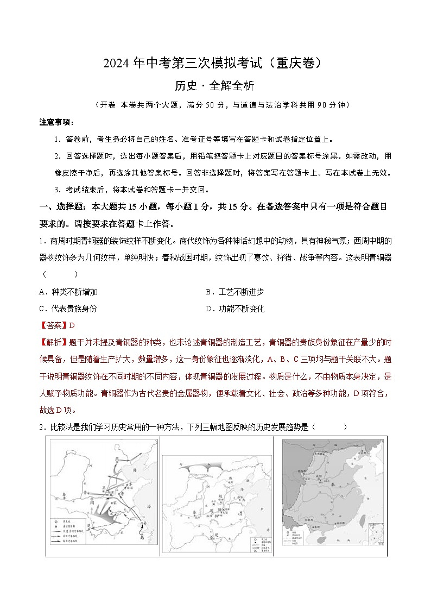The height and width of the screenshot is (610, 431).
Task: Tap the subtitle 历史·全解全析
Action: (215, 86)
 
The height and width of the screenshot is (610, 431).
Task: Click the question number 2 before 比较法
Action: (41, 427)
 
